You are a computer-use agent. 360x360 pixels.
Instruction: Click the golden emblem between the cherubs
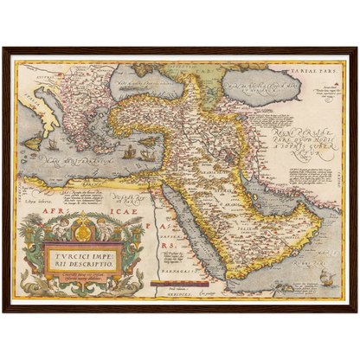(x=81, y=227)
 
